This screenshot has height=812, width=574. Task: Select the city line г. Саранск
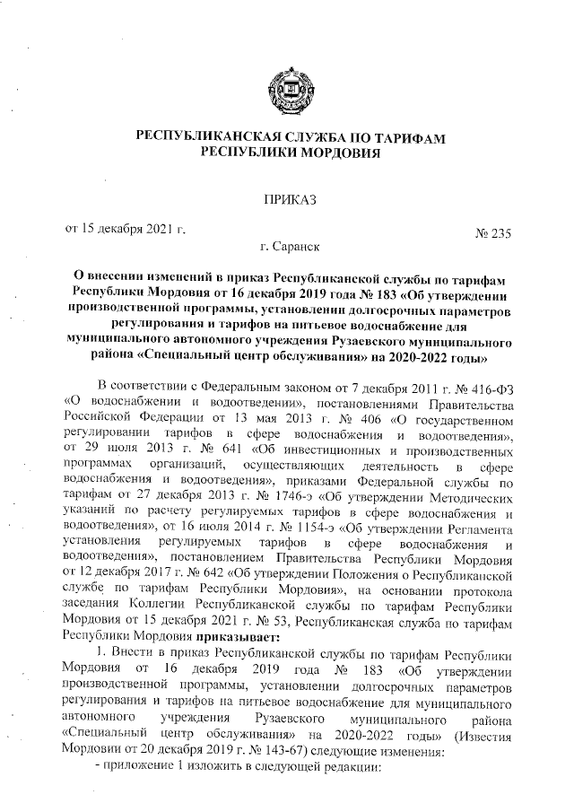tap(288, 244)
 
